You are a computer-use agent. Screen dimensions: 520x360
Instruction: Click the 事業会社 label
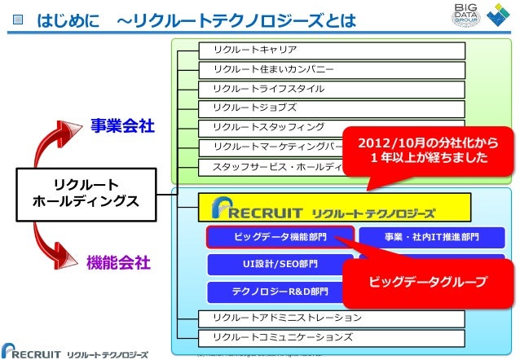(x=122, y=127)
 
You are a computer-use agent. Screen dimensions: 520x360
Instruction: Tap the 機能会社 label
(x=119, y=262)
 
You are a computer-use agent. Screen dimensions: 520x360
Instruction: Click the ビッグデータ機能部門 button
(x=280, y=237)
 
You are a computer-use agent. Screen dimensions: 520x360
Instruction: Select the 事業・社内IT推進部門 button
(x=431, y=237)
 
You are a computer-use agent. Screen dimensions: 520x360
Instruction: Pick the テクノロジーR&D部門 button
(x=280, y=292)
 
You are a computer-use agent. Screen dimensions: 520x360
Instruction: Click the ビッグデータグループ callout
(x=428, y=282)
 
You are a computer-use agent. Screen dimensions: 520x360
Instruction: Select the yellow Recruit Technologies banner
(x=335, y=208)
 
